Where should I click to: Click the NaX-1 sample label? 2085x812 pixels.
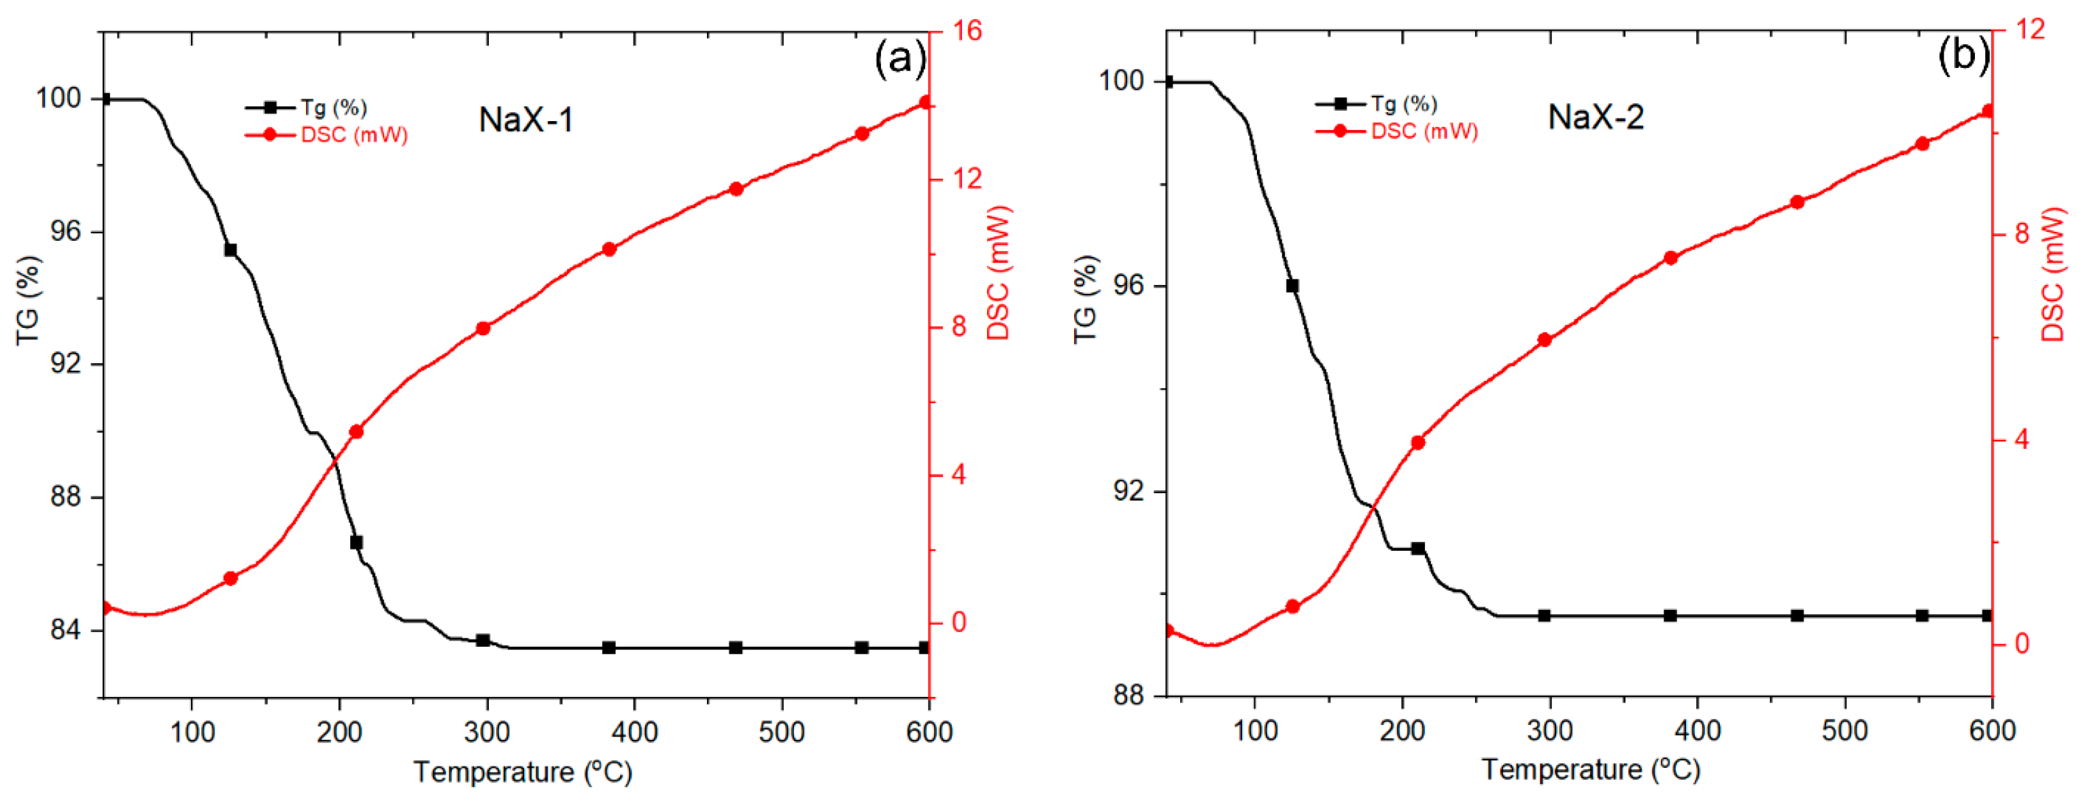[526, 120]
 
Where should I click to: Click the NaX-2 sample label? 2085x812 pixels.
[1596, 118]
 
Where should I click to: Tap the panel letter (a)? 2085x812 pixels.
[899, 59]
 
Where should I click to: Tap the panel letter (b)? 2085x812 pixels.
[1962, 56]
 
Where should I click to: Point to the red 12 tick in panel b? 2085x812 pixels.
[2029, 29]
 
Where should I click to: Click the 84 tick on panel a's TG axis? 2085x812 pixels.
[65, 629]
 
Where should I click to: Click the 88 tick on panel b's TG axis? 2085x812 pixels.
[1129, 696]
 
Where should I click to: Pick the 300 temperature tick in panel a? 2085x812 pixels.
[487, 732]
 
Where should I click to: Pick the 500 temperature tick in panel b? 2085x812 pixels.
[1844, 731]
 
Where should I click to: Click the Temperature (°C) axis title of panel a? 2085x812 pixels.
[523, 773]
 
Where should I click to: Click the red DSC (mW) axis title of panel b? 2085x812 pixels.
[2054, 275]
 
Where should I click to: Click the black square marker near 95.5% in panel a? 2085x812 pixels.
[230, 250]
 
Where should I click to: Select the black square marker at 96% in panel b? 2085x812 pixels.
[1292, 286]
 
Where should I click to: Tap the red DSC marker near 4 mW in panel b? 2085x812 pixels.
[1418, 443]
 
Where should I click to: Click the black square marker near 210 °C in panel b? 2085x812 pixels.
[1418, 548]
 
